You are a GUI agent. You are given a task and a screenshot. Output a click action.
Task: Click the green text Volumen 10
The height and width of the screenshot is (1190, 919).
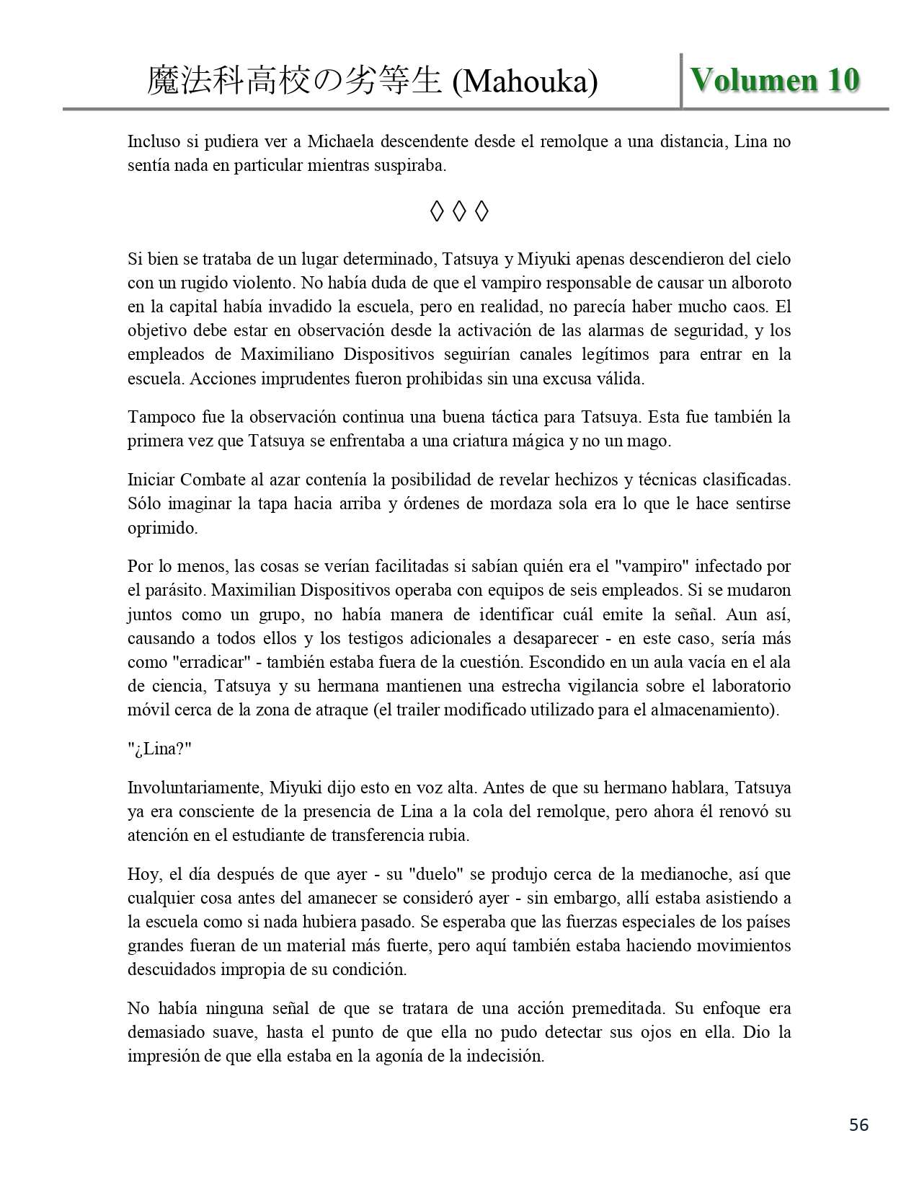pos(775,80)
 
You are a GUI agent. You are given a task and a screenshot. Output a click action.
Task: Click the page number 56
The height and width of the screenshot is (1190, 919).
pos(858,1124)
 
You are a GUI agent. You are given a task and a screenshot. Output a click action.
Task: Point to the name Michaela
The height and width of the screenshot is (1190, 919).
pos(341,142)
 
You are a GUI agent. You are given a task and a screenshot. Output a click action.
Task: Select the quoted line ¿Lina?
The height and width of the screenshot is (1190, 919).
pos(159,749)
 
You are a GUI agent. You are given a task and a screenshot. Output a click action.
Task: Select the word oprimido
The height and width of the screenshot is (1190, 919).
pos(162,528)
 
